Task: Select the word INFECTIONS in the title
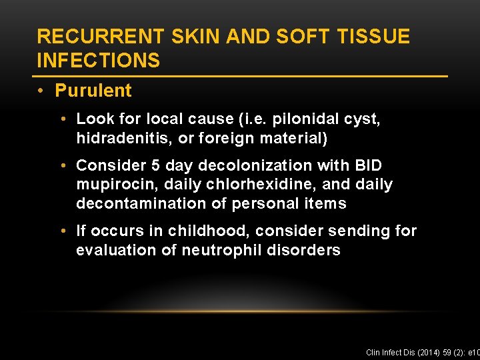point(99,61)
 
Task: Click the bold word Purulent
point(93,91)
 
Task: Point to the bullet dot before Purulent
point(43,91)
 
